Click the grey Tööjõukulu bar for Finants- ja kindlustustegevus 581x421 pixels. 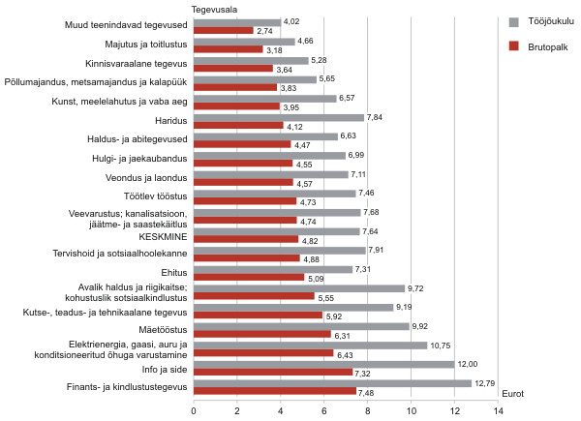tap(332, 383)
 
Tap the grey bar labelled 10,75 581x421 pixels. tap(310, 346)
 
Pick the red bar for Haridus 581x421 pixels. tap(238, 126)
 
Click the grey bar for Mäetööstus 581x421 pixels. tap(301, 326)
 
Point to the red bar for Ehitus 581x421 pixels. tap(249, 277)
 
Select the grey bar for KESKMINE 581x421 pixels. tap(276, 231)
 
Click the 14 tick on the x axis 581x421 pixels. tap(498, 411)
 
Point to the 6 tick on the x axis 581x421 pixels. tap(324, 411)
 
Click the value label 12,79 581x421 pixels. tap(485, 383)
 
